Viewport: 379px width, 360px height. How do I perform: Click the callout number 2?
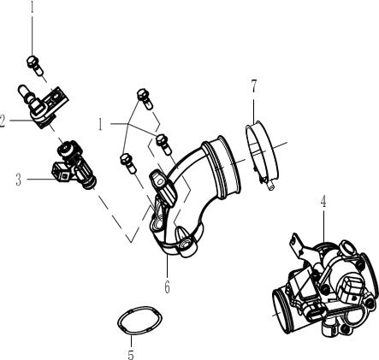(4, 121)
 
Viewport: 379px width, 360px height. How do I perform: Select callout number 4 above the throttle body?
(324, 203)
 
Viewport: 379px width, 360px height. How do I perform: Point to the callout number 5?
(129, 353)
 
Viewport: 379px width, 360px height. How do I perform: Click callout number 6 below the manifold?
(167, 288)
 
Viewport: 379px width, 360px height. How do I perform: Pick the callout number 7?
(253, 86)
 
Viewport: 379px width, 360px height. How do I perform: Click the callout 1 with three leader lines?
(100, 124)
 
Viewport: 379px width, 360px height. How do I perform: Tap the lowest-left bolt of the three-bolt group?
(127, 159)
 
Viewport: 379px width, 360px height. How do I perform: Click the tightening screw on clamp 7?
(266, 179)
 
